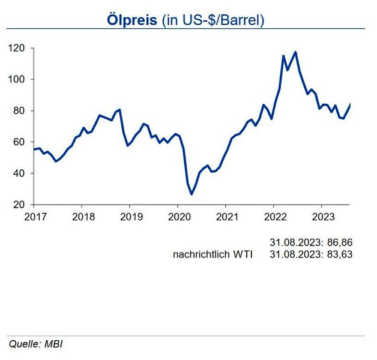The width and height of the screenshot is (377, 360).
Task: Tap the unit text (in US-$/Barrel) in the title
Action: pos(213,20)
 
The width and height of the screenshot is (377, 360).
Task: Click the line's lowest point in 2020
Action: pos(192,194)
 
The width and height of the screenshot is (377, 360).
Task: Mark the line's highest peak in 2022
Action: pos(295,52)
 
